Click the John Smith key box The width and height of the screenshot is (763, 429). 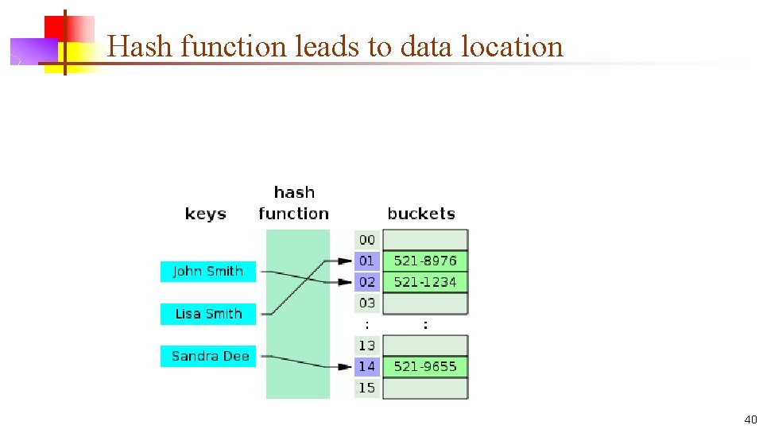[x=207, y=271]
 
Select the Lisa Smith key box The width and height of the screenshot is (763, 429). [x=207, y=314]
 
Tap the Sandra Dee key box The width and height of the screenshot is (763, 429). [x=210, y=356]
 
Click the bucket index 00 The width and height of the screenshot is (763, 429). [x=366, y=240]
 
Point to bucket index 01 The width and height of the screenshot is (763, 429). [x=366, y=261]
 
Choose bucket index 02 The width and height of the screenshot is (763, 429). [x=366, y=282]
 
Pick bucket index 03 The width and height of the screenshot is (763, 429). [x=366, y=303]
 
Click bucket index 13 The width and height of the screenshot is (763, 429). [x=366, y=346]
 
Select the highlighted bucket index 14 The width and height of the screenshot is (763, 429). [x=366, y=366]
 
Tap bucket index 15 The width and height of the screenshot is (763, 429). [x=366, y=388]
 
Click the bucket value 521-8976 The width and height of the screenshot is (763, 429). [x=425, y=261]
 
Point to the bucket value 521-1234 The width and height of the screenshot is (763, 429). [x=425, y=282]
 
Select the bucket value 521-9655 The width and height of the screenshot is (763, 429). [x=425, y=366]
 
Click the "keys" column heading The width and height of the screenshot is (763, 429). [x=205, y=214]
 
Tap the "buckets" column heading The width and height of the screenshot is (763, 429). [x=420, y=214]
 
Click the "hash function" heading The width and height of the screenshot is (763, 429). [x=293, y=203]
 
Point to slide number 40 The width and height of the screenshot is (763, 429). [x=750, y=419]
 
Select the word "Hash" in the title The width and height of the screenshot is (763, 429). [x=141, y=47]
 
